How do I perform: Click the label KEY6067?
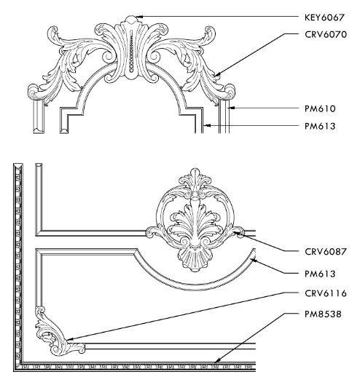click(x=324, y=17)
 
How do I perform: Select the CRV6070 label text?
click(x=326, y=34)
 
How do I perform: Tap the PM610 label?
click(x=320, y=108)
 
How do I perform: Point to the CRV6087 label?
click(x=326, y=252)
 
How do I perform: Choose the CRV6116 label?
click(x=326, y=293)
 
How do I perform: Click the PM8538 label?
click(x=323, y=314)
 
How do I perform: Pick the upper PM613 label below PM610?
click(x=320, y=126)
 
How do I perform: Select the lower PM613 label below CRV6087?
click(x=320, y=274)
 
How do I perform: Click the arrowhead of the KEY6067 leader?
click(x=138, y=17)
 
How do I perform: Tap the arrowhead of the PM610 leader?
click(x=232, y=108)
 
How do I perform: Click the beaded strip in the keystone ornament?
click(x=131, y=51)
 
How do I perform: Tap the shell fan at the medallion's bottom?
click(x=195, y=259)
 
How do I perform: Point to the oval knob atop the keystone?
click(x=131, y=20)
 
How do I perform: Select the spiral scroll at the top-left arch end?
click(x=34, y=91)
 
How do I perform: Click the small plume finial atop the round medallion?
click(x=195, y=180)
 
